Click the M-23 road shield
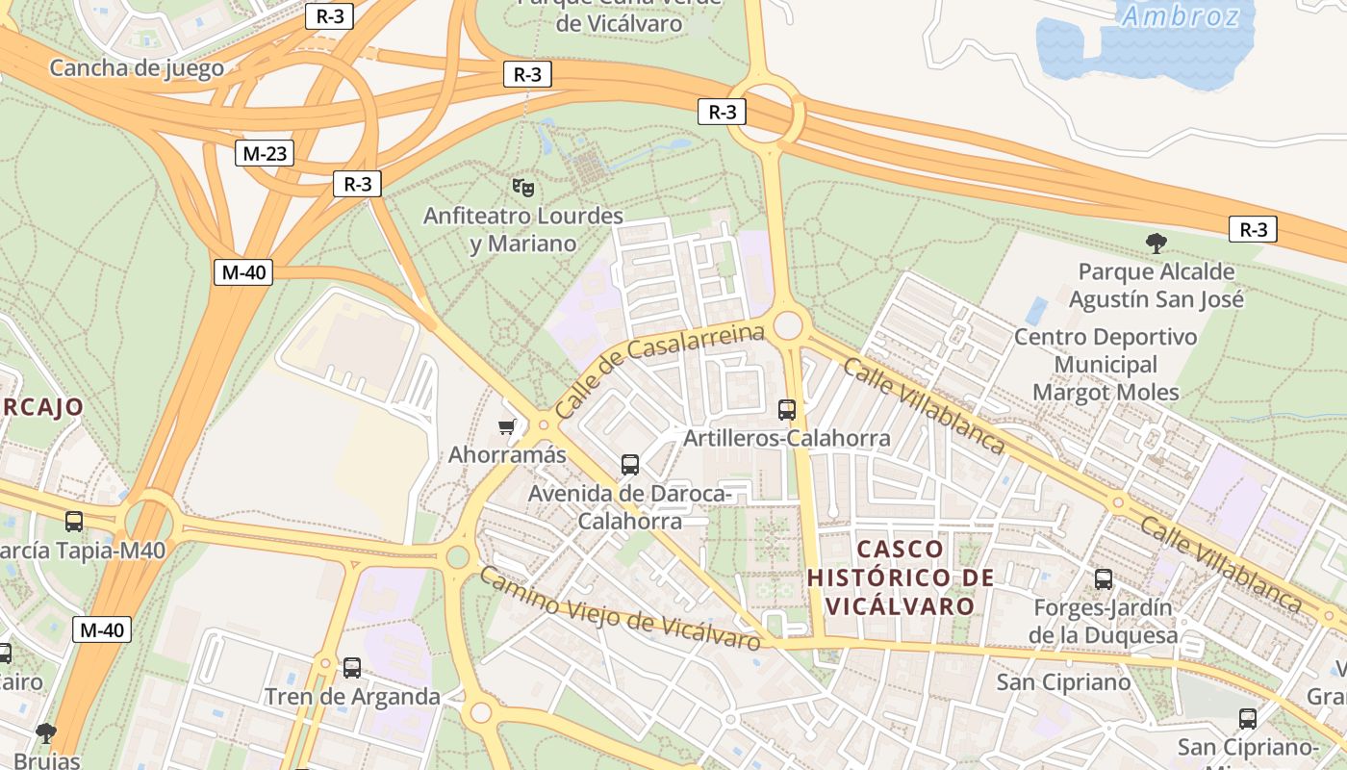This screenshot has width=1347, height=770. pyautogui.click(x=265, y=153)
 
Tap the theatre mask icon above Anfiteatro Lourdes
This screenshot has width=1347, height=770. pyautogui.click(x=522, y=186)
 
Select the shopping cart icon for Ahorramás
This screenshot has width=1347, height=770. pyautogui.click(x=507, y=426)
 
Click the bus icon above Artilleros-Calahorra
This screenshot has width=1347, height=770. pyautogui.click(x=787, y=410)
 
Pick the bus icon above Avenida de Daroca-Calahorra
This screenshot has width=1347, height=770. pyautogui.click(x=630, y=465)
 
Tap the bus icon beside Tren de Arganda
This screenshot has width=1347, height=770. pyautogui.click(x=352, y=667)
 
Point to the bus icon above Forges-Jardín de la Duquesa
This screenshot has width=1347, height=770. pyautogui.click(x=1104, y=579)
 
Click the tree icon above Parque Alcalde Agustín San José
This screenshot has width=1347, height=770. pyautogui.click(x=1156, y=244)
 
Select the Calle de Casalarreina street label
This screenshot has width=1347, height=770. pyautogui.click(x=659, y=371)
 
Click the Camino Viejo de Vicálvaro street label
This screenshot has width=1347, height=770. pyautogui.click(x=621, y=608)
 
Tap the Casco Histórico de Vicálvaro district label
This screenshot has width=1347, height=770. pyautogui.click(x=901, y=577)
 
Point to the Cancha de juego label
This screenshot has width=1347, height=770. pyautogui.click(x=137, y=68)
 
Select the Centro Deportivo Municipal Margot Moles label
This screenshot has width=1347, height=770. pyautogui.click(x=1106, y=365)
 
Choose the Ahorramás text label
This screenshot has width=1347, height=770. pyautogui.click(x=507, y=454)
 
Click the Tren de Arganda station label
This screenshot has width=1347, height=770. pyautogui.click(x=352, y=696)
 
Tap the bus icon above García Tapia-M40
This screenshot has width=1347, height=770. pyautogui.click(x=74, y=522)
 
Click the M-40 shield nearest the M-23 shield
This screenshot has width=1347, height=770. pyautogui.click(x=243, y=272)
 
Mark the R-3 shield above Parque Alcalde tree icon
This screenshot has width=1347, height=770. pyautogui.click(x=1253, y=229)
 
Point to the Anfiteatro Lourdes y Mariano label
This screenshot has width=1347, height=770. pyautogui.click(x=523, y=230)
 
